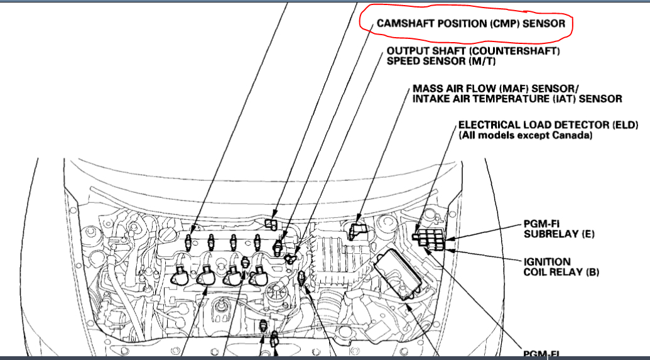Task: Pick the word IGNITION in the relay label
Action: tap(548, 261)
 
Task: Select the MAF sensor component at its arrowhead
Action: tap(355, 230)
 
